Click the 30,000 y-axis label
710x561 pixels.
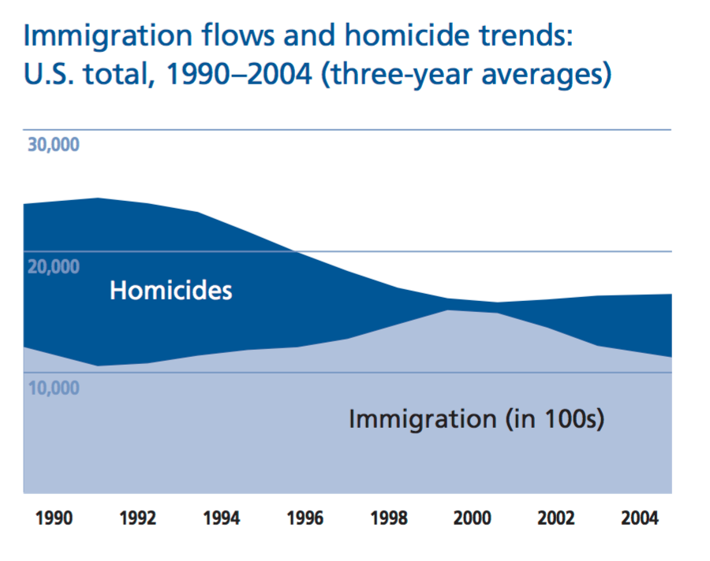coord(54,146)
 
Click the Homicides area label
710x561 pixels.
coord(170,290)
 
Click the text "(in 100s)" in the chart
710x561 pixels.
coord(555,418)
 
